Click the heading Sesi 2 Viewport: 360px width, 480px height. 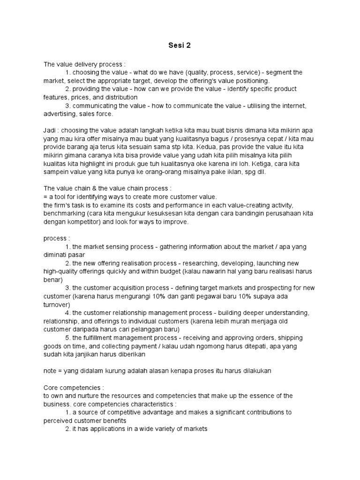coord(180,45)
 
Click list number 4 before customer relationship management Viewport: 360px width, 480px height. coord(67,313)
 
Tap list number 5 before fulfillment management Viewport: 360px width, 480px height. coord(67,337)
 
